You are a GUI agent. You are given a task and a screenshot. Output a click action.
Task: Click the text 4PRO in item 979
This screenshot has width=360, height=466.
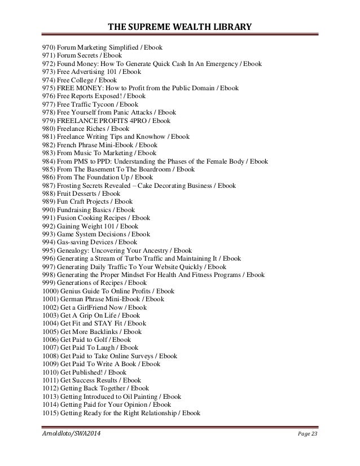pos(135,120)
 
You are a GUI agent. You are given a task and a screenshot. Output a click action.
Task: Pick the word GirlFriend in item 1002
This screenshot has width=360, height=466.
pos(96,307)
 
